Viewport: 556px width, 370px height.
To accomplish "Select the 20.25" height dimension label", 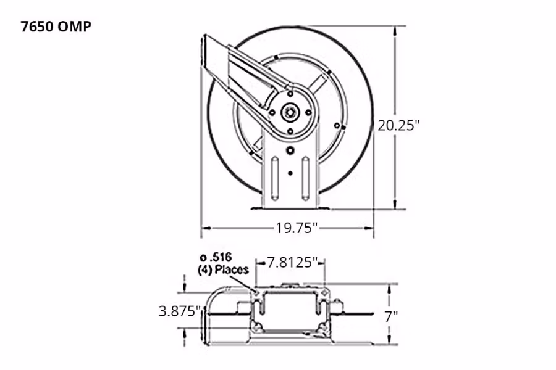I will pos(399,125).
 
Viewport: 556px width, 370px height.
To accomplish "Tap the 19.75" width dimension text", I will pos(297,229).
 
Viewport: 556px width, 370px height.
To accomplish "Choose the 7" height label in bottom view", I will pos(390,317).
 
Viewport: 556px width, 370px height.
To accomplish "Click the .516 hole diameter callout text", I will pos(213,258).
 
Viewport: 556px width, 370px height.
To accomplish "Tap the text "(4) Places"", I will pos(223,269).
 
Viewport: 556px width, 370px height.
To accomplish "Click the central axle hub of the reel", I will pos(289,112).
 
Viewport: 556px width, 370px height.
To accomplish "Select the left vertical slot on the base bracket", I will pos(273,179).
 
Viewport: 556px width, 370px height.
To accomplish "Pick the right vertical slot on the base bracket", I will pos(305,179).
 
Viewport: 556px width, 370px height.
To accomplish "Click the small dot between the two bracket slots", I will pos(289,173).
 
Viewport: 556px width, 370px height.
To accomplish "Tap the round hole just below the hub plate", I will pos(289,150).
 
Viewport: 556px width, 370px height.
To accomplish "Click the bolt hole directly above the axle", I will pos(289,94).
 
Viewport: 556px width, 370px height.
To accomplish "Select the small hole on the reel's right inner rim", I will pos(337,126).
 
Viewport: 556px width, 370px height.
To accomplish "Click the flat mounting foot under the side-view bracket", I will pos(289,208).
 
